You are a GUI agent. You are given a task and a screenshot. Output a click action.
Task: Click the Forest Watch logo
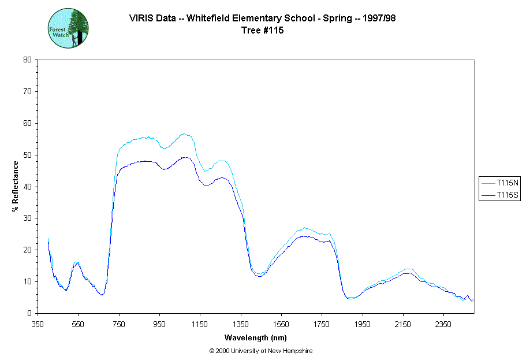(68, 28)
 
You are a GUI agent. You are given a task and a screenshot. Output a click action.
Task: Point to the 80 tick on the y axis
(27, 60)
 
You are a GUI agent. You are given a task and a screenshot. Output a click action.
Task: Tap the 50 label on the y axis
(27, 155)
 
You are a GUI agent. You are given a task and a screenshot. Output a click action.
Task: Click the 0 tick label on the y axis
(29, 313)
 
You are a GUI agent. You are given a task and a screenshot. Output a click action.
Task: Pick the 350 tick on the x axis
(38, 324)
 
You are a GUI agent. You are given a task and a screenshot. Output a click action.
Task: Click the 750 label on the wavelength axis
(119, 324)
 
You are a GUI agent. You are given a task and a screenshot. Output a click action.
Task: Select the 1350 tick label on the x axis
(241, 324)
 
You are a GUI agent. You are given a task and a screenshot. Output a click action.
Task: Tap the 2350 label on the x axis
(443, 324)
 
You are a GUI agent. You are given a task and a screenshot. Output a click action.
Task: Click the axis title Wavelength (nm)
(256, 337)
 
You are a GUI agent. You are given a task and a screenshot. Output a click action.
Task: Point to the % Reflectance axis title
(16, 186)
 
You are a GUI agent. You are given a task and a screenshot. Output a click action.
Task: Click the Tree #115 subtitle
(262, 31)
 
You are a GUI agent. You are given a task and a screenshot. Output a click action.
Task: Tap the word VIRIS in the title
(141, 18)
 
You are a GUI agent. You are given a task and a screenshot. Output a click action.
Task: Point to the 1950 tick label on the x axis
(363, 324)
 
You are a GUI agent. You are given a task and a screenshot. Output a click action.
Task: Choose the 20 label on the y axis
(27, 250)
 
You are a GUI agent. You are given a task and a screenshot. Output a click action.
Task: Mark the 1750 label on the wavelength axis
(322, 324)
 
